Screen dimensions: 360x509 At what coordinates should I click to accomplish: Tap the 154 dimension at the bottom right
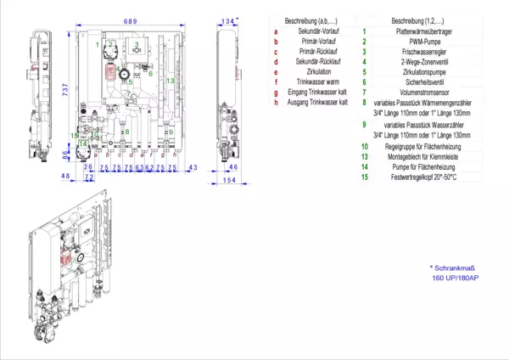pos(228,180)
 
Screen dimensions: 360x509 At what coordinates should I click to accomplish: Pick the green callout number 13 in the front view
pos(171,81)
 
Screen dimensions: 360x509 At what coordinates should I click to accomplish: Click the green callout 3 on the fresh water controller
pos(135,43)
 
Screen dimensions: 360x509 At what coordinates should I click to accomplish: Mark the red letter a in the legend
pos(276,31)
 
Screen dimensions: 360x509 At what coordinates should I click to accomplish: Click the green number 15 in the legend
pos(363,177)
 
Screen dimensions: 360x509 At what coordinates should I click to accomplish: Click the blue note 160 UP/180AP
pos(456,278)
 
